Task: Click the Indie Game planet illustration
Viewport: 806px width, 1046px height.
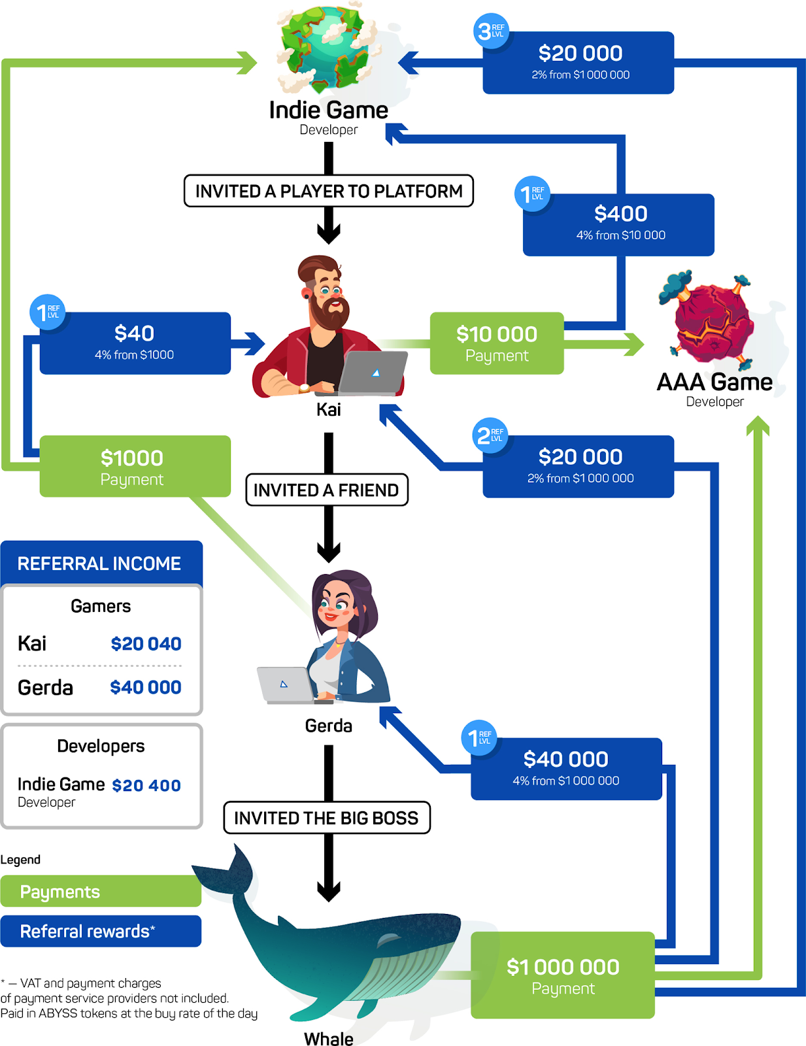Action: tap(327, 49)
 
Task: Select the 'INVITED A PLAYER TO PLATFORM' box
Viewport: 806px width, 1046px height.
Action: tap(329, 191)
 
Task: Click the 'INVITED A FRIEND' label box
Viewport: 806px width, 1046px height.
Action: tap(327, 490)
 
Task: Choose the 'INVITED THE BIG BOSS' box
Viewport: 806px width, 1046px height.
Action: tap(327, 818)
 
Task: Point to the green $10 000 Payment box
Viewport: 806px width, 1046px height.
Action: tap(497, 344)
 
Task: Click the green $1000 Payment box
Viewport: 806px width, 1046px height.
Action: tap(135, 467)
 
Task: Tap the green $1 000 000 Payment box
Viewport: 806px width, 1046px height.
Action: tap(563, 975)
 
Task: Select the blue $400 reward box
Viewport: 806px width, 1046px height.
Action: tap(619, 224)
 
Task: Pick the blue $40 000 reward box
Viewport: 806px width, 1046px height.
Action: tap(566, 769)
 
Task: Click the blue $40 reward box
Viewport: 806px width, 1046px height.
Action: tap(135, 343)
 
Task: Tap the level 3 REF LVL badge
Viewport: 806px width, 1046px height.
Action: tap(490, 31)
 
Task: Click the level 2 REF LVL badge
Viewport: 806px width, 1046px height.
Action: tap(490, 435)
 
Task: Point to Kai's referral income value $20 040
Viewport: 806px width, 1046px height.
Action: tap(146, 644)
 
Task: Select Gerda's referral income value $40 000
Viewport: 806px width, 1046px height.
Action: tap(146, 688)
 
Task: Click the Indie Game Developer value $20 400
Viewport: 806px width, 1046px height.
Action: tap(146, 786)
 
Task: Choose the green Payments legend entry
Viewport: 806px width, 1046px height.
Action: tap(101, 892)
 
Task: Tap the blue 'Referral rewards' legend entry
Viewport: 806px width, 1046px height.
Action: tap(101, 931)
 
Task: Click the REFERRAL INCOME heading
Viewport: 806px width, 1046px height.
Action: tap(99, 564)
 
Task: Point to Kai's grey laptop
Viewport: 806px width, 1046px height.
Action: tap(373, 373)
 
